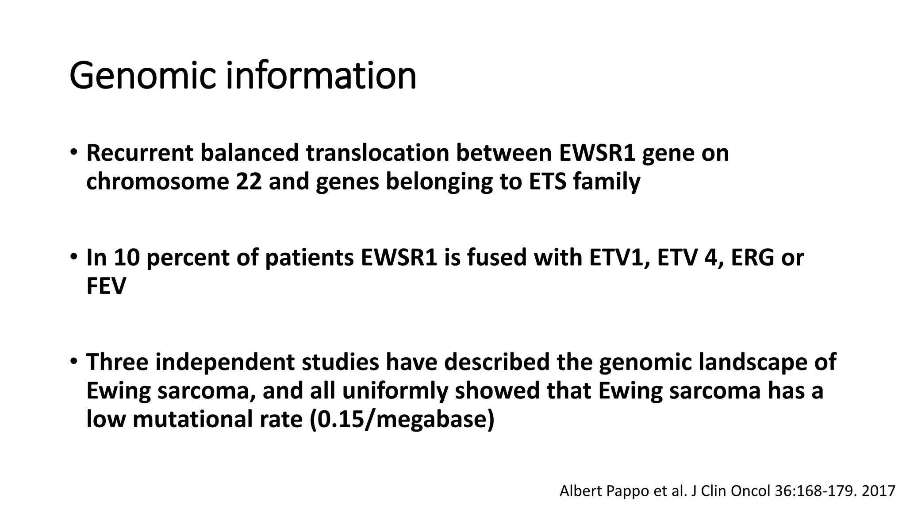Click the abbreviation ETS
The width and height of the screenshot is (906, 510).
pos(548,182)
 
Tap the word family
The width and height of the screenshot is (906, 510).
pos(607,182)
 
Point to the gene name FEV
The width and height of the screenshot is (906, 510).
pos(106,286)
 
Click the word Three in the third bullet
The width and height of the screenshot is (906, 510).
pos(117,362)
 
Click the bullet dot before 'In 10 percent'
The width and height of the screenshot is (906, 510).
pos(73,256)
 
